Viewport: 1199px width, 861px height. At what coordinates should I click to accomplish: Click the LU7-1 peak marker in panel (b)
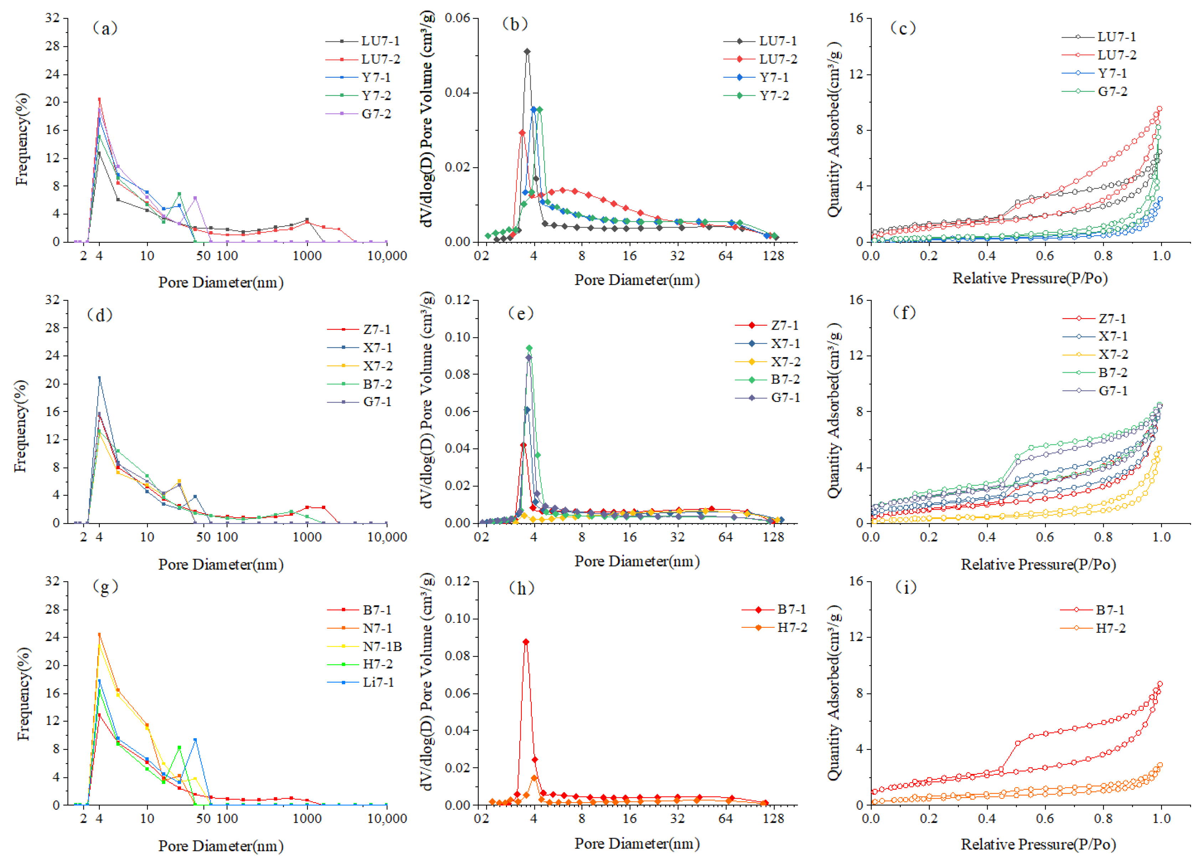527,51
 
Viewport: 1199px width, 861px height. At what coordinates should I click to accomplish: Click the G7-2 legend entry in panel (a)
376,114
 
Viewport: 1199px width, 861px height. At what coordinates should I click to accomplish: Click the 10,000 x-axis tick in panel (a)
387,256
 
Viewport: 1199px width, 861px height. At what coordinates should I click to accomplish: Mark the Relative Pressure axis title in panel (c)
1030,278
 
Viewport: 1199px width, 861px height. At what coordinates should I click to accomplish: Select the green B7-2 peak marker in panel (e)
529,348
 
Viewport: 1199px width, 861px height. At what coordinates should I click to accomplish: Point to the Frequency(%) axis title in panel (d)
21,426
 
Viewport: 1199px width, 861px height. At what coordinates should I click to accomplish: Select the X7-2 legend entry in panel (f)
1113,354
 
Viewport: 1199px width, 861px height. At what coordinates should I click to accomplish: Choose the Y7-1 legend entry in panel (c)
1112,73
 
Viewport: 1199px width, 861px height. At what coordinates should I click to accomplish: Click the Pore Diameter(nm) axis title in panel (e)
637,561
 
